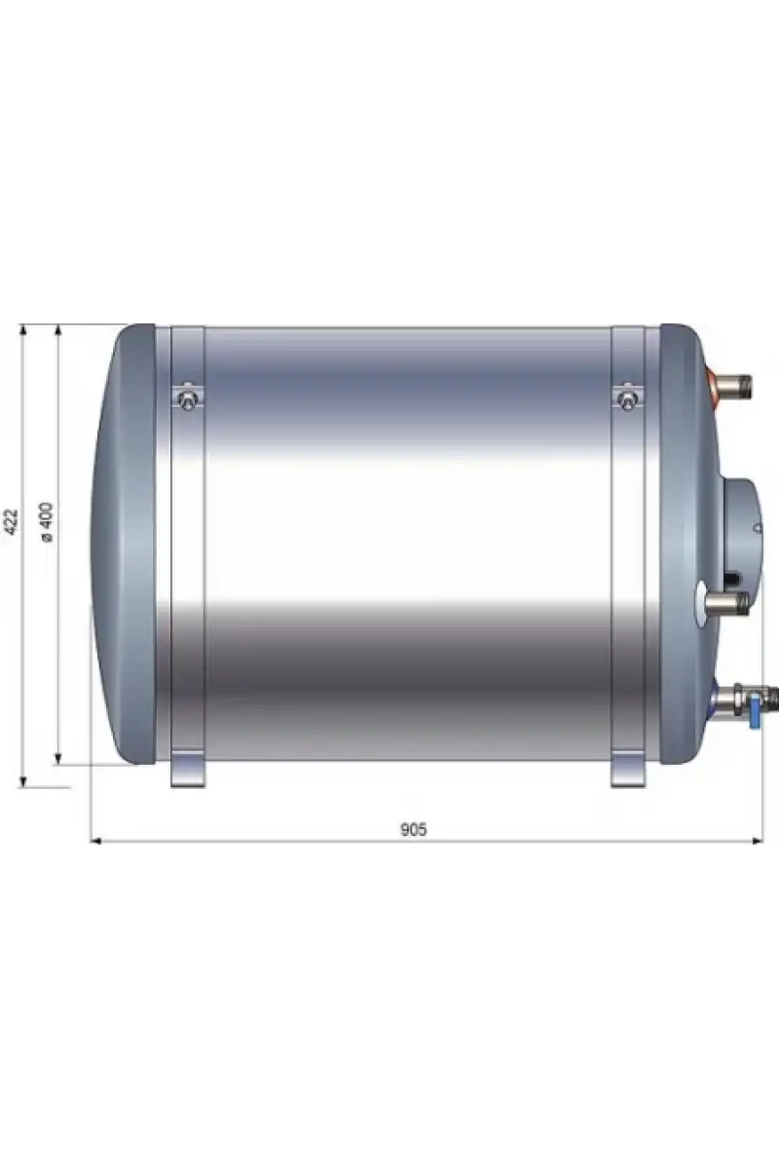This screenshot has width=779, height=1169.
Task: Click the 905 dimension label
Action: (413, 829)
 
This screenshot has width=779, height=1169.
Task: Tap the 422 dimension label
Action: (11, 522)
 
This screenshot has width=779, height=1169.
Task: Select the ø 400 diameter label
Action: (47, 521)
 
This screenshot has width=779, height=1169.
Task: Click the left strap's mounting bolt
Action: (187, 397)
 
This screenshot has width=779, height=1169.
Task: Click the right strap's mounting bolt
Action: (627, 397)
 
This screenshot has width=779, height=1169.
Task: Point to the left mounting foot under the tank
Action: (188, 770)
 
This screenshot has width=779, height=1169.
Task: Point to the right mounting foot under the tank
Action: (628, 770)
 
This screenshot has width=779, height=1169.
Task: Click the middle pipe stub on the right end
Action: (724, 603)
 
